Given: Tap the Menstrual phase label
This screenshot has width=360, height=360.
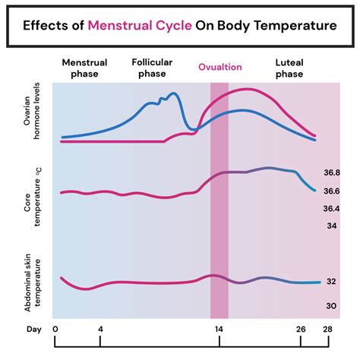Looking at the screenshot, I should pyautogui.click(x=85, y=69).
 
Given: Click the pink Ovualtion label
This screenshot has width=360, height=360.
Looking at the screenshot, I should pyautogui.click(x=219, y=67).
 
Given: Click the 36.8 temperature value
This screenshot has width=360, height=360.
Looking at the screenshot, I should pyautogui.click(x=331, y=173).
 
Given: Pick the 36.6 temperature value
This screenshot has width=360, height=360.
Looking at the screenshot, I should pyautogui.click(x=331, y=191).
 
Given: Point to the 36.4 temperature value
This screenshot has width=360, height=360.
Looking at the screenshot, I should pyautogui.click(x=331, y=208).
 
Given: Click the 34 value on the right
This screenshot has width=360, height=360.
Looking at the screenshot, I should pyautogui.click(x=333, y=226).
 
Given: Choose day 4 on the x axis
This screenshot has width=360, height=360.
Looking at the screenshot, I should pyautogui.click(x=100, y=330).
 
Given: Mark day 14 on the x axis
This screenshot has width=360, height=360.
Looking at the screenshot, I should pyautogui.click(x=219, y=330).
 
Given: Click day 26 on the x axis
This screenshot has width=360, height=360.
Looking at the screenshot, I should pyautogui.click(x=302, y=330).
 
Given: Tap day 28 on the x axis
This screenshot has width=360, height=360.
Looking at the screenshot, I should pyautogui.click(x=327, y=330).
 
